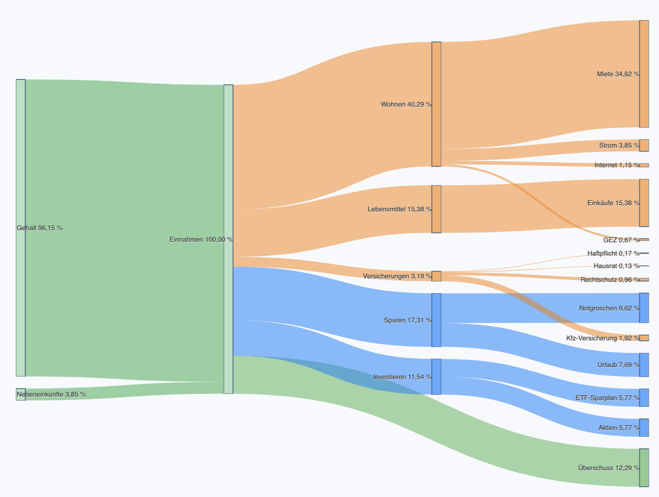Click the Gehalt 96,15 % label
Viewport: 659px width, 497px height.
40,228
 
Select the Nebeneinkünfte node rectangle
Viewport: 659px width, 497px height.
21,394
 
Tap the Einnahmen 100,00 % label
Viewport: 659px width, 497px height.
201,240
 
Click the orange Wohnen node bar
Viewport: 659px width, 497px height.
436,104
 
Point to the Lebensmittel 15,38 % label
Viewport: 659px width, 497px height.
399,209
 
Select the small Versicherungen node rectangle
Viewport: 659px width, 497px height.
436,276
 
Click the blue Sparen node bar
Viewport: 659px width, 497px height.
436,320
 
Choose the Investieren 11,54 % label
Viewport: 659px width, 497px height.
402,377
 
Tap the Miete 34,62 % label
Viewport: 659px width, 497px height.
618,74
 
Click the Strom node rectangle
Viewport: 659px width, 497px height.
644,145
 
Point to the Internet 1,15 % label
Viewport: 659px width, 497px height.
616,165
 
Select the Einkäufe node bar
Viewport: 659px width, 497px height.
644,203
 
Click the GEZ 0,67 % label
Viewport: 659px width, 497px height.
621,240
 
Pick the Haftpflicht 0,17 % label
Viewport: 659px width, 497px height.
613,253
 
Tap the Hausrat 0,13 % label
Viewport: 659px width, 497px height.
616,266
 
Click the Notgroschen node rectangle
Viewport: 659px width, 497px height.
644,308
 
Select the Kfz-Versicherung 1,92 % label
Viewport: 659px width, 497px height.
602,338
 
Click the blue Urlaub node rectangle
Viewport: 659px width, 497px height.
644,365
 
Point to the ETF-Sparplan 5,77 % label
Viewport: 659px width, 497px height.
607,398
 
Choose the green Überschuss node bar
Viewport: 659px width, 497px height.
644,468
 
